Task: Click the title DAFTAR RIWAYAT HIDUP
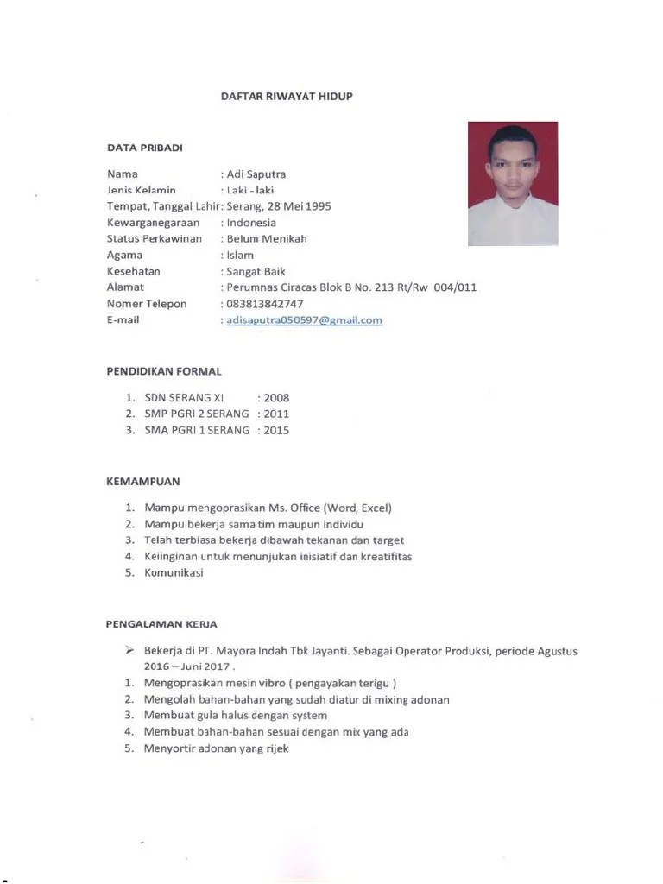click(x=287, y=97)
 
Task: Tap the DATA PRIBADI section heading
click(x=144, y=148)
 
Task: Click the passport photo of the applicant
click(x=513, y=183)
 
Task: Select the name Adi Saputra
click(x=256, y=174)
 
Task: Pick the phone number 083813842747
click(x=264, y=304)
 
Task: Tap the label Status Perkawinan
click(x=155, y=239)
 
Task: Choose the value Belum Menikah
click(x=266, y=239)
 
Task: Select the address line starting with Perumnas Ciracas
click(x=350, y=287)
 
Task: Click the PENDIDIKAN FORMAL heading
click(x=164, y=372)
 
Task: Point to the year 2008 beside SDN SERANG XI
click(x=276, y=398)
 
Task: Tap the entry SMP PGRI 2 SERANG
click(x=197, y=414)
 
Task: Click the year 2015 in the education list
click(x=276, y=430)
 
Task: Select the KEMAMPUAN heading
click(x=143, y=482)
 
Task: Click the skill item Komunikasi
click(x=174, y=572)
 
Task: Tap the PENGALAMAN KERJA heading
click(x=161, y=623)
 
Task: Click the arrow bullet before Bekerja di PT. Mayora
click(x=129, y=650)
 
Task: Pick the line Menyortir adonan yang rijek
click(x=216, y=748)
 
